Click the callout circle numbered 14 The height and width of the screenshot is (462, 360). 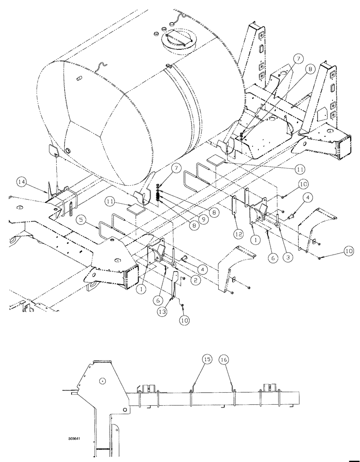(x=21, y=182)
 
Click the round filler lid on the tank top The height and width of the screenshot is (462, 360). (x=175, y=40)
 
